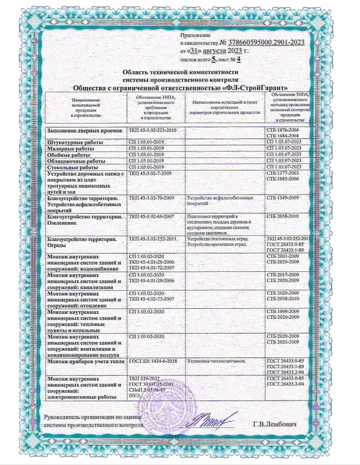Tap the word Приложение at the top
click(195, 35)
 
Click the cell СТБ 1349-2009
click(282, 197)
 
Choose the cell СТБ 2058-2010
click(282, 216)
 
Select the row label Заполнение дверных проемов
click(85, 130)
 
